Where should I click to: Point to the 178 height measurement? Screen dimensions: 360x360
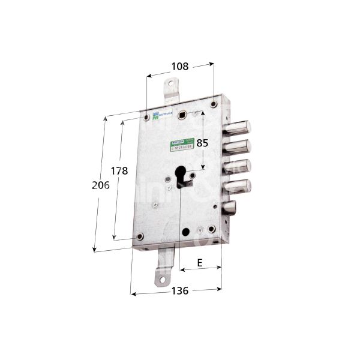[x=119, y=171]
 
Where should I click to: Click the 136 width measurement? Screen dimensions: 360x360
[x=179, y=291]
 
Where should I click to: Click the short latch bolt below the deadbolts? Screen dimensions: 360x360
[x=232, y=209]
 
